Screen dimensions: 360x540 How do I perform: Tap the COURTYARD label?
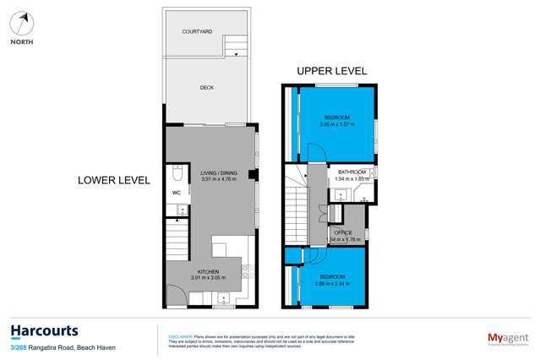pos(197,31)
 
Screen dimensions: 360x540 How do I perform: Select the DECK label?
pos(207,87)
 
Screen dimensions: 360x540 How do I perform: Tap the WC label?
pos(177,193)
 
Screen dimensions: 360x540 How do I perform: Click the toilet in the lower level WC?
pos(177,173)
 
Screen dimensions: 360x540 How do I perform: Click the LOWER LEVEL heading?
pos(113,180)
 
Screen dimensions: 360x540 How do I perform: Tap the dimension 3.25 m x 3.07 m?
pos(337,125)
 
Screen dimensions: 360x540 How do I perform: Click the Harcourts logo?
pos(44,330)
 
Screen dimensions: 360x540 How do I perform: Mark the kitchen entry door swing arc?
pos(175,296)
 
